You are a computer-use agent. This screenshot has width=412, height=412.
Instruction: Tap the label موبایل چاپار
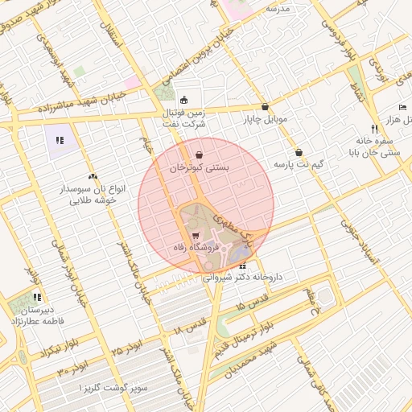(x=265, y=120)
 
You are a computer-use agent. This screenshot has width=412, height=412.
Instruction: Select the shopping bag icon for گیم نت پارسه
(x=299, y=152)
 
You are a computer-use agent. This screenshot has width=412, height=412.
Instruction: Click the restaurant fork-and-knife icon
(x=374, y=129)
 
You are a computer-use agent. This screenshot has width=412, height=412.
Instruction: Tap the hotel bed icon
(x=402, y=108)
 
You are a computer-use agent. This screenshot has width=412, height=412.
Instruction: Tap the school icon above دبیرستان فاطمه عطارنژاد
(x=37, y=297)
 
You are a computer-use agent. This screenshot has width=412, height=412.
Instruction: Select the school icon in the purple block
(x=60, y=141)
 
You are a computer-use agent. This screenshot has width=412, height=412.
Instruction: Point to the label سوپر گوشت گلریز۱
(x=113, y=388)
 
